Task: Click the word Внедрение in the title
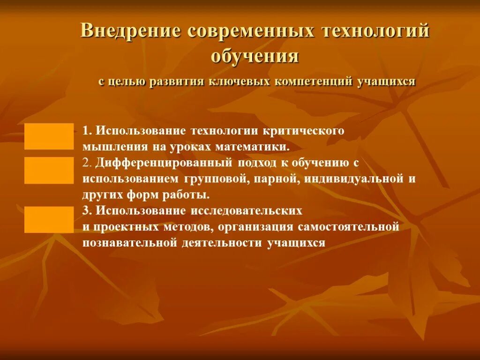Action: [130, 31]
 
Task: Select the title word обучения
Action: [255, 56]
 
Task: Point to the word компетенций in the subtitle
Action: [313, 82]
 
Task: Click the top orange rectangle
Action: [49, 136]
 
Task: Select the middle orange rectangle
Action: [49, 170]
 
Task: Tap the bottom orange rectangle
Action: [49, 219]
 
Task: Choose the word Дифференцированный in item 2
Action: [165, 163]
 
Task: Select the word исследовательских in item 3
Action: [246, 211]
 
